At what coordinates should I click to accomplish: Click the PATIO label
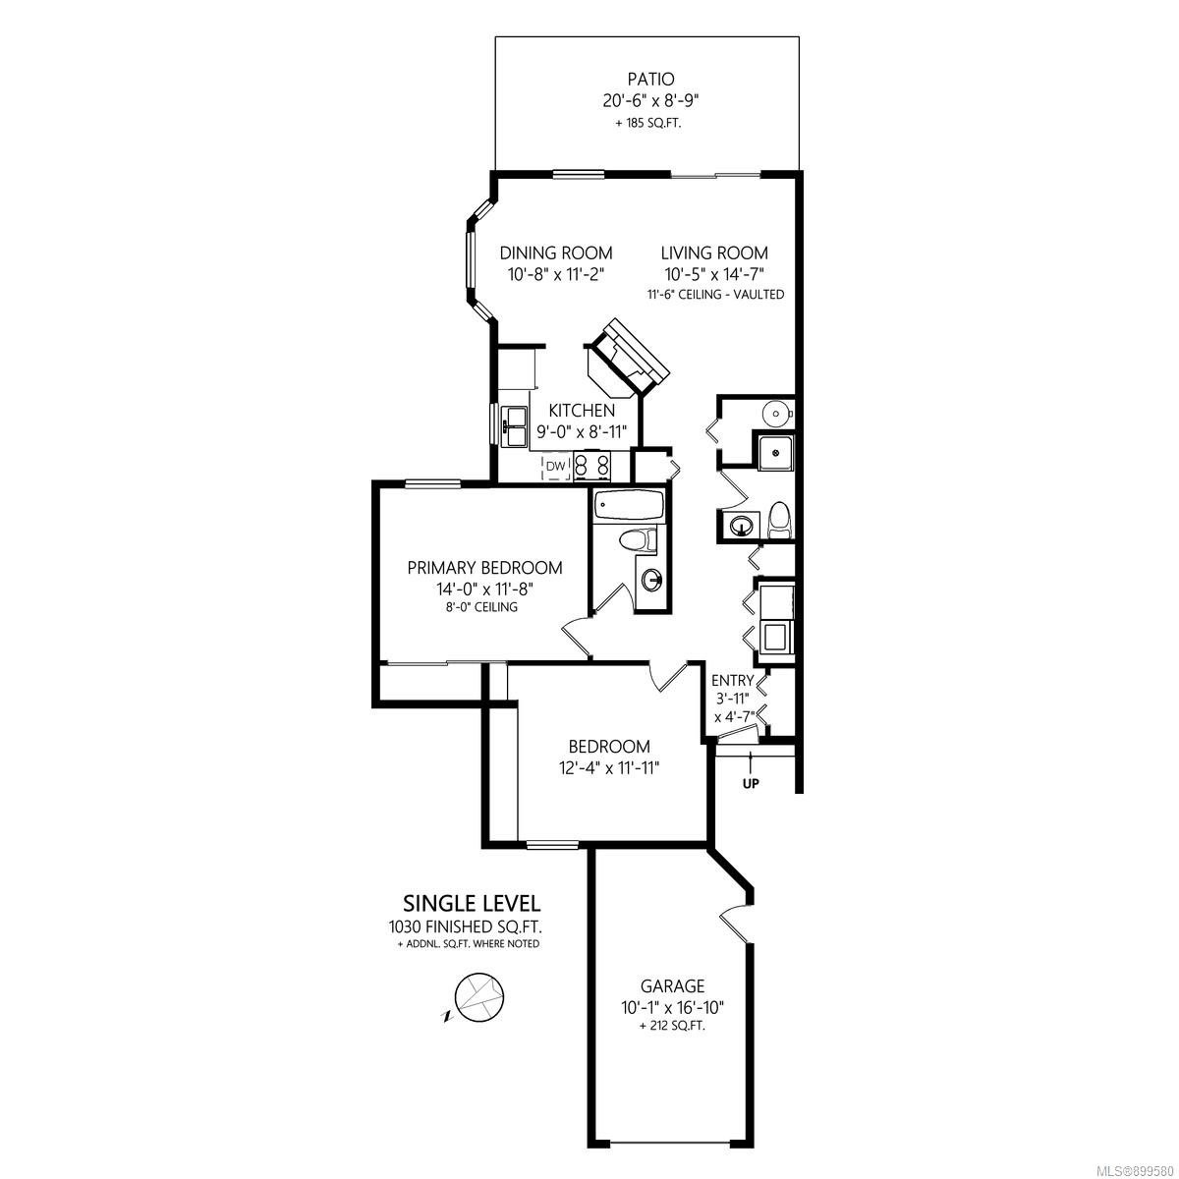(x=650, y=79)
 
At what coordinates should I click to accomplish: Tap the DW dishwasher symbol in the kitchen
(x=555, y=467)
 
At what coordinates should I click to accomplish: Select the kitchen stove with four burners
(x=592, y=466)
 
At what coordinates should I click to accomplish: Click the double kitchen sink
(x=515, y=425)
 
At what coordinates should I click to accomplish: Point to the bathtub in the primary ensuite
(x=629, y=505)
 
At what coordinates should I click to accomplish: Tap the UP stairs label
(x=751, y=783)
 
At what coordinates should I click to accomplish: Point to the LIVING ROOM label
(x=714, y=253)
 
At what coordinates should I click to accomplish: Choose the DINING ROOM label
(x=555, y=253)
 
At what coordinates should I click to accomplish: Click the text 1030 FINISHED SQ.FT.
(x=465, y=926)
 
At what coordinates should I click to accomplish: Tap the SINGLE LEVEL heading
(x=472, y=903)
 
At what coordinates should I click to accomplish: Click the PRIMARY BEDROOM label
(x=484, y=568)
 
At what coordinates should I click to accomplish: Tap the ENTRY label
(x=732, y=680)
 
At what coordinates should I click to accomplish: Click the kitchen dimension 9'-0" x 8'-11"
(x=582, y=432)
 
